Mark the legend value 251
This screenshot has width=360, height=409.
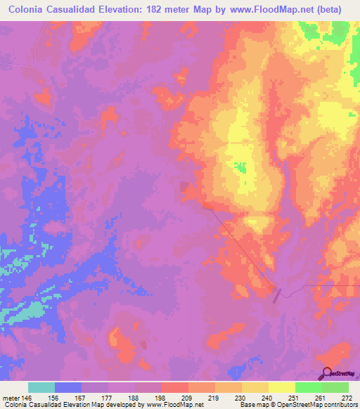coord(294,397)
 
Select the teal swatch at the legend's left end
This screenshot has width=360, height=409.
coord(41,387)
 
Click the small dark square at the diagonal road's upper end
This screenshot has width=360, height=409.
coord(184,186)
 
